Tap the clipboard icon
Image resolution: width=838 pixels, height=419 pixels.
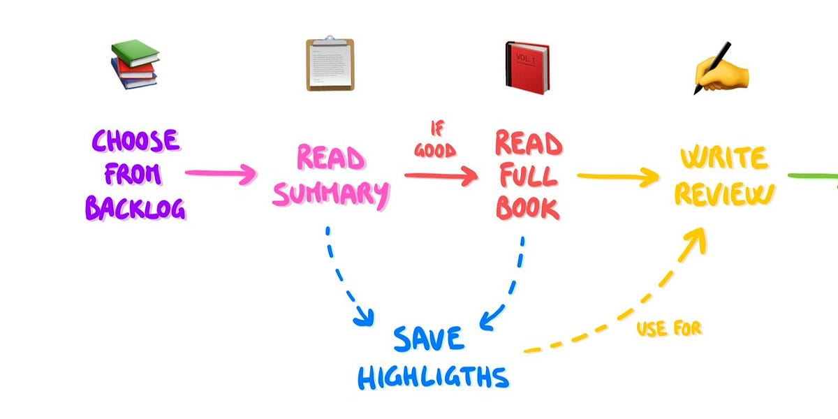(330, 65)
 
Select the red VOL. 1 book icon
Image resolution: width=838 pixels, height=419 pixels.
(527, 68)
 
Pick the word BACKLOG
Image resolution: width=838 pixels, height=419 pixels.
(135, 207)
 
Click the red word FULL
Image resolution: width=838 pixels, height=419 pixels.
(527, 176)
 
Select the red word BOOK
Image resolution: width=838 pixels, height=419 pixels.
(527, 208)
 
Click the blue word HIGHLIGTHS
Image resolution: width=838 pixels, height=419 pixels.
(433, 377)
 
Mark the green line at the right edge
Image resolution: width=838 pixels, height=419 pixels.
(814, 175)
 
